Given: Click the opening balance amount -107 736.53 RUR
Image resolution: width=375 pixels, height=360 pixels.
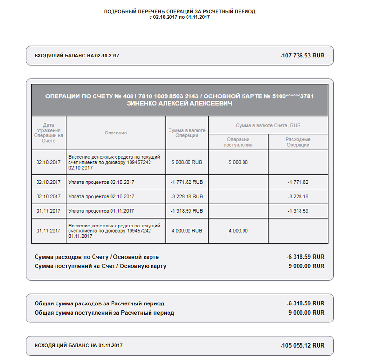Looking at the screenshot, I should coord(302,56).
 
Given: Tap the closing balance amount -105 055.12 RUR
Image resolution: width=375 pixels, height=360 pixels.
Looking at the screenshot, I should coord(302,346).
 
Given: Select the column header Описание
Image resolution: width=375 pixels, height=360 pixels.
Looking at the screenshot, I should coord(115,133).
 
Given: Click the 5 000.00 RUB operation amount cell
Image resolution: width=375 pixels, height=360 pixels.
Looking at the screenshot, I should coord(187,162).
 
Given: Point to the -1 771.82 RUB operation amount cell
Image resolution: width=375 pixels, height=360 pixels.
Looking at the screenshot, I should coord(187,182).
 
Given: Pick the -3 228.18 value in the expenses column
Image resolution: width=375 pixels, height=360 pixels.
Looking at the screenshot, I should coord(298,197).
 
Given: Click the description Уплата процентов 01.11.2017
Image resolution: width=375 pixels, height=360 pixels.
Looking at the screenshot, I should coord(101,211).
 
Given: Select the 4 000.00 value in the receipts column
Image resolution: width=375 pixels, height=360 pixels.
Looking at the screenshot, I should coord(238,231).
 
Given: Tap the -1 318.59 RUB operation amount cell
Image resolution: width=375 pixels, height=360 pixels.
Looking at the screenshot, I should coord(187,211).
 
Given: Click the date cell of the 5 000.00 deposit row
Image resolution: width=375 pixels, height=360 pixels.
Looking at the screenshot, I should coord(49,162).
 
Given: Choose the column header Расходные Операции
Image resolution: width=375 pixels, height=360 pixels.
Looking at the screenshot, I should coord(298,142).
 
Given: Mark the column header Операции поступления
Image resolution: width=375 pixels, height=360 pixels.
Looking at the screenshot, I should coord(238,142).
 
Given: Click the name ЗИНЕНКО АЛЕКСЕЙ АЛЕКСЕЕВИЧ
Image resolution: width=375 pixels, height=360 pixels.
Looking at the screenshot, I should coord(179,104).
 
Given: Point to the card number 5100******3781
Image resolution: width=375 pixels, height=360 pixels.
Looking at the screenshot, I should coord(293,96).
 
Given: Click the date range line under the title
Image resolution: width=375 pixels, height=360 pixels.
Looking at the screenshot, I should coord(179,17).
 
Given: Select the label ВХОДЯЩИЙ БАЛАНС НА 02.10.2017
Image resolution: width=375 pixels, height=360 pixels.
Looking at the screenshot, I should coord(77,56).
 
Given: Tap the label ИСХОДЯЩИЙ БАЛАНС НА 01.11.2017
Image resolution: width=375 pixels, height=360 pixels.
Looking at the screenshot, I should coord(78,346).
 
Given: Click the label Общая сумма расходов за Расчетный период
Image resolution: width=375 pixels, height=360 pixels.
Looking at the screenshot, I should coord(99,303).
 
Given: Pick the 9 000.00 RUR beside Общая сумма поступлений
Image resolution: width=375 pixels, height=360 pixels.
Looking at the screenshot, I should coord(306,313).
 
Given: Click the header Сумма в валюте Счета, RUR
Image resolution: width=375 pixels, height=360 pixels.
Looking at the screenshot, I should coord(268,125).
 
